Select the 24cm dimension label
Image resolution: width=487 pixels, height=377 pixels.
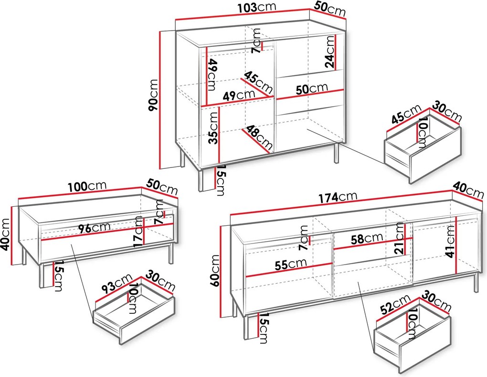[329, 52]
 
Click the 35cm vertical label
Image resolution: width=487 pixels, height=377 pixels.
[213, 128]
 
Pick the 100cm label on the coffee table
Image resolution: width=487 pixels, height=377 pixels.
[87, 186]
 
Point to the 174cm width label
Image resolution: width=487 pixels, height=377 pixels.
[338, 197]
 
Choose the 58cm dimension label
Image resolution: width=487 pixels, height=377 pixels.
[367, 239]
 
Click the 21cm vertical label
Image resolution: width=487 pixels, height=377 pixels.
[400, 238]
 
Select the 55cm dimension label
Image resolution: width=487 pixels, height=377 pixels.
[291, 265]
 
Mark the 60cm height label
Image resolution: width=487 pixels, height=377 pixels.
[215, 270]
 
